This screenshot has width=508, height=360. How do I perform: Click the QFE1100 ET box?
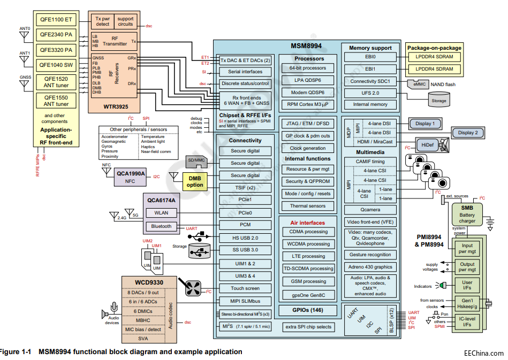pos(56,20)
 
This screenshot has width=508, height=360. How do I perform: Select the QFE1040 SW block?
pos(56,65)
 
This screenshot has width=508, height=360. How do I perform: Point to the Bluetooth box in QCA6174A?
pos(161,226)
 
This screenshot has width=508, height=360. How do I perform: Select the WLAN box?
pos(161,213)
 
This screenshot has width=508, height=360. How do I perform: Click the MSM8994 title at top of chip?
pos(306,47)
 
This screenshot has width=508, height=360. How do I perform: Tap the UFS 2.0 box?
pos(370,93)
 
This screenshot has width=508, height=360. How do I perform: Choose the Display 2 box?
pos(472,133)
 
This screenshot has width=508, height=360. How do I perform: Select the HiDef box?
pos(428,144)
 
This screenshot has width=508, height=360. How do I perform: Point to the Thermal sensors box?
pos(308,205)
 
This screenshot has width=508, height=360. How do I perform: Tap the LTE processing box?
pos(308,256)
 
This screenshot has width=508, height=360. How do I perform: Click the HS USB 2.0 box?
pos(245,238)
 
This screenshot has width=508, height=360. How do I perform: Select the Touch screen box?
pos(245,288)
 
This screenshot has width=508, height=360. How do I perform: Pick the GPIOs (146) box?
pos(308,310)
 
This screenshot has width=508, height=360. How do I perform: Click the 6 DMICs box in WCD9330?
pos(142,311)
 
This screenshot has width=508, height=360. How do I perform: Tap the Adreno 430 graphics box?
pos(370,267)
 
